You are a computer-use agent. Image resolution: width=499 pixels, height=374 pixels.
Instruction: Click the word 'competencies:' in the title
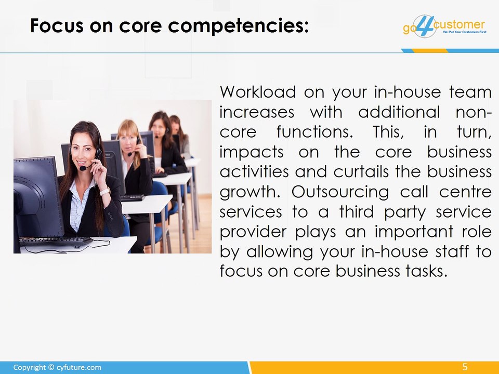pyautogui.click(x=238, y=26)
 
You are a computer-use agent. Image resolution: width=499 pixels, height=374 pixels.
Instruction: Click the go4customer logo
pyautogui.click(x=444, y=26)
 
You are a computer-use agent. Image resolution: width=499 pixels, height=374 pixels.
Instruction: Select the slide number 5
pyautogui.click(x=465, y=367)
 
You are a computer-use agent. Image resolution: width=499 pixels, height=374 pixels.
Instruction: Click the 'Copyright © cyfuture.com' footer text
pyautogui.click(x=57, y=367)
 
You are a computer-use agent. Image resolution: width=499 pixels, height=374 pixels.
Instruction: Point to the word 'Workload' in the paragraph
pyautogui.click(x=258, y=92)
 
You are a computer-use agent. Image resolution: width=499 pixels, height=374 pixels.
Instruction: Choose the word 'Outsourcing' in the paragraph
pyautogui.click(x=340, y=192)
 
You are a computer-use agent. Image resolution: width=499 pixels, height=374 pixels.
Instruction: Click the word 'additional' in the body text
pyautogui.click(x=399, y=112)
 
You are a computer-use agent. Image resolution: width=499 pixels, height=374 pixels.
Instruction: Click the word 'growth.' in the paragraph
pyautogui.click(x=250, y=192)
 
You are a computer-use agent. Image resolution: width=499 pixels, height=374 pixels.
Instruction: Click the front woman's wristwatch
pyautogui.click(x=105, y=192)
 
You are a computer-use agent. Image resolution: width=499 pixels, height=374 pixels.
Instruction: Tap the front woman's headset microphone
pyautogui.click(x=83, y=168)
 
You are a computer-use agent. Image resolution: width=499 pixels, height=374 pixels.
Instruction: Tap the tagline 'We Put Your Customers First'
pyautogui.click(x=465, y=32)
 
